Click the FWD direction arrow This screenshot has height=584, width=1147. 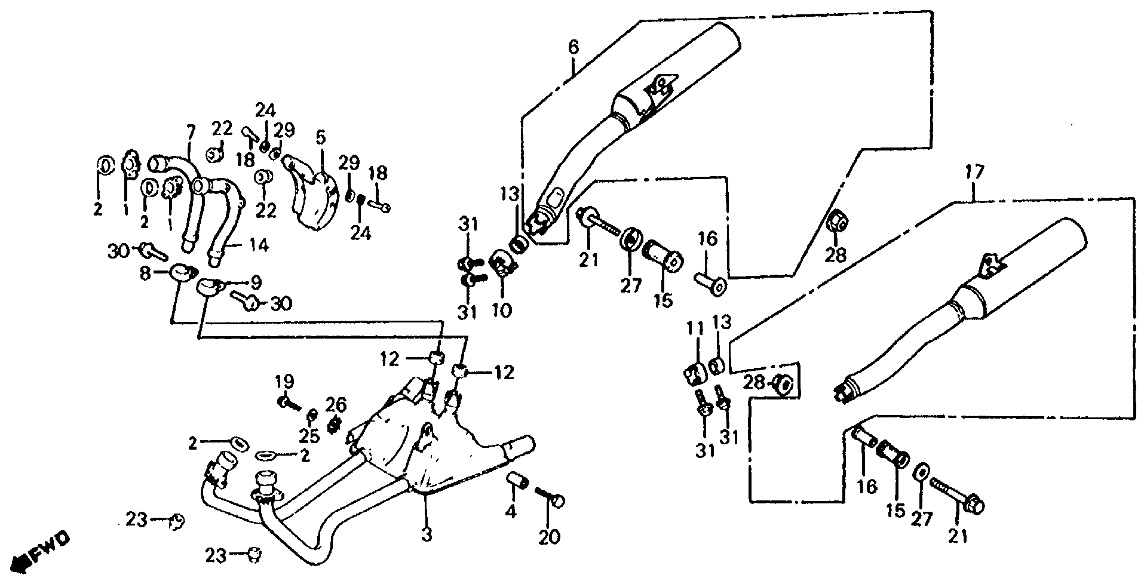pos(42,553)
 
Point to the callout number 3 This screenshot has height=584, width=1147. pos(426,534)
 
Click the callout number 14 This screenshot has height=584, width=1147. pos(259,245)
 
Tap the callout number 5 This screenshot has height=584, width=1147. pos(321,138)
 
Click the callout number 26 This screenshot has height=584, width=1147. pos(336,405)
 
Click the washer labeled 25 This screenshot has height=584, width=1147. pos(311,415)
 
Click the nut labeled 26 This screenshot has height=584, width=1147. pos(334,425)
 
